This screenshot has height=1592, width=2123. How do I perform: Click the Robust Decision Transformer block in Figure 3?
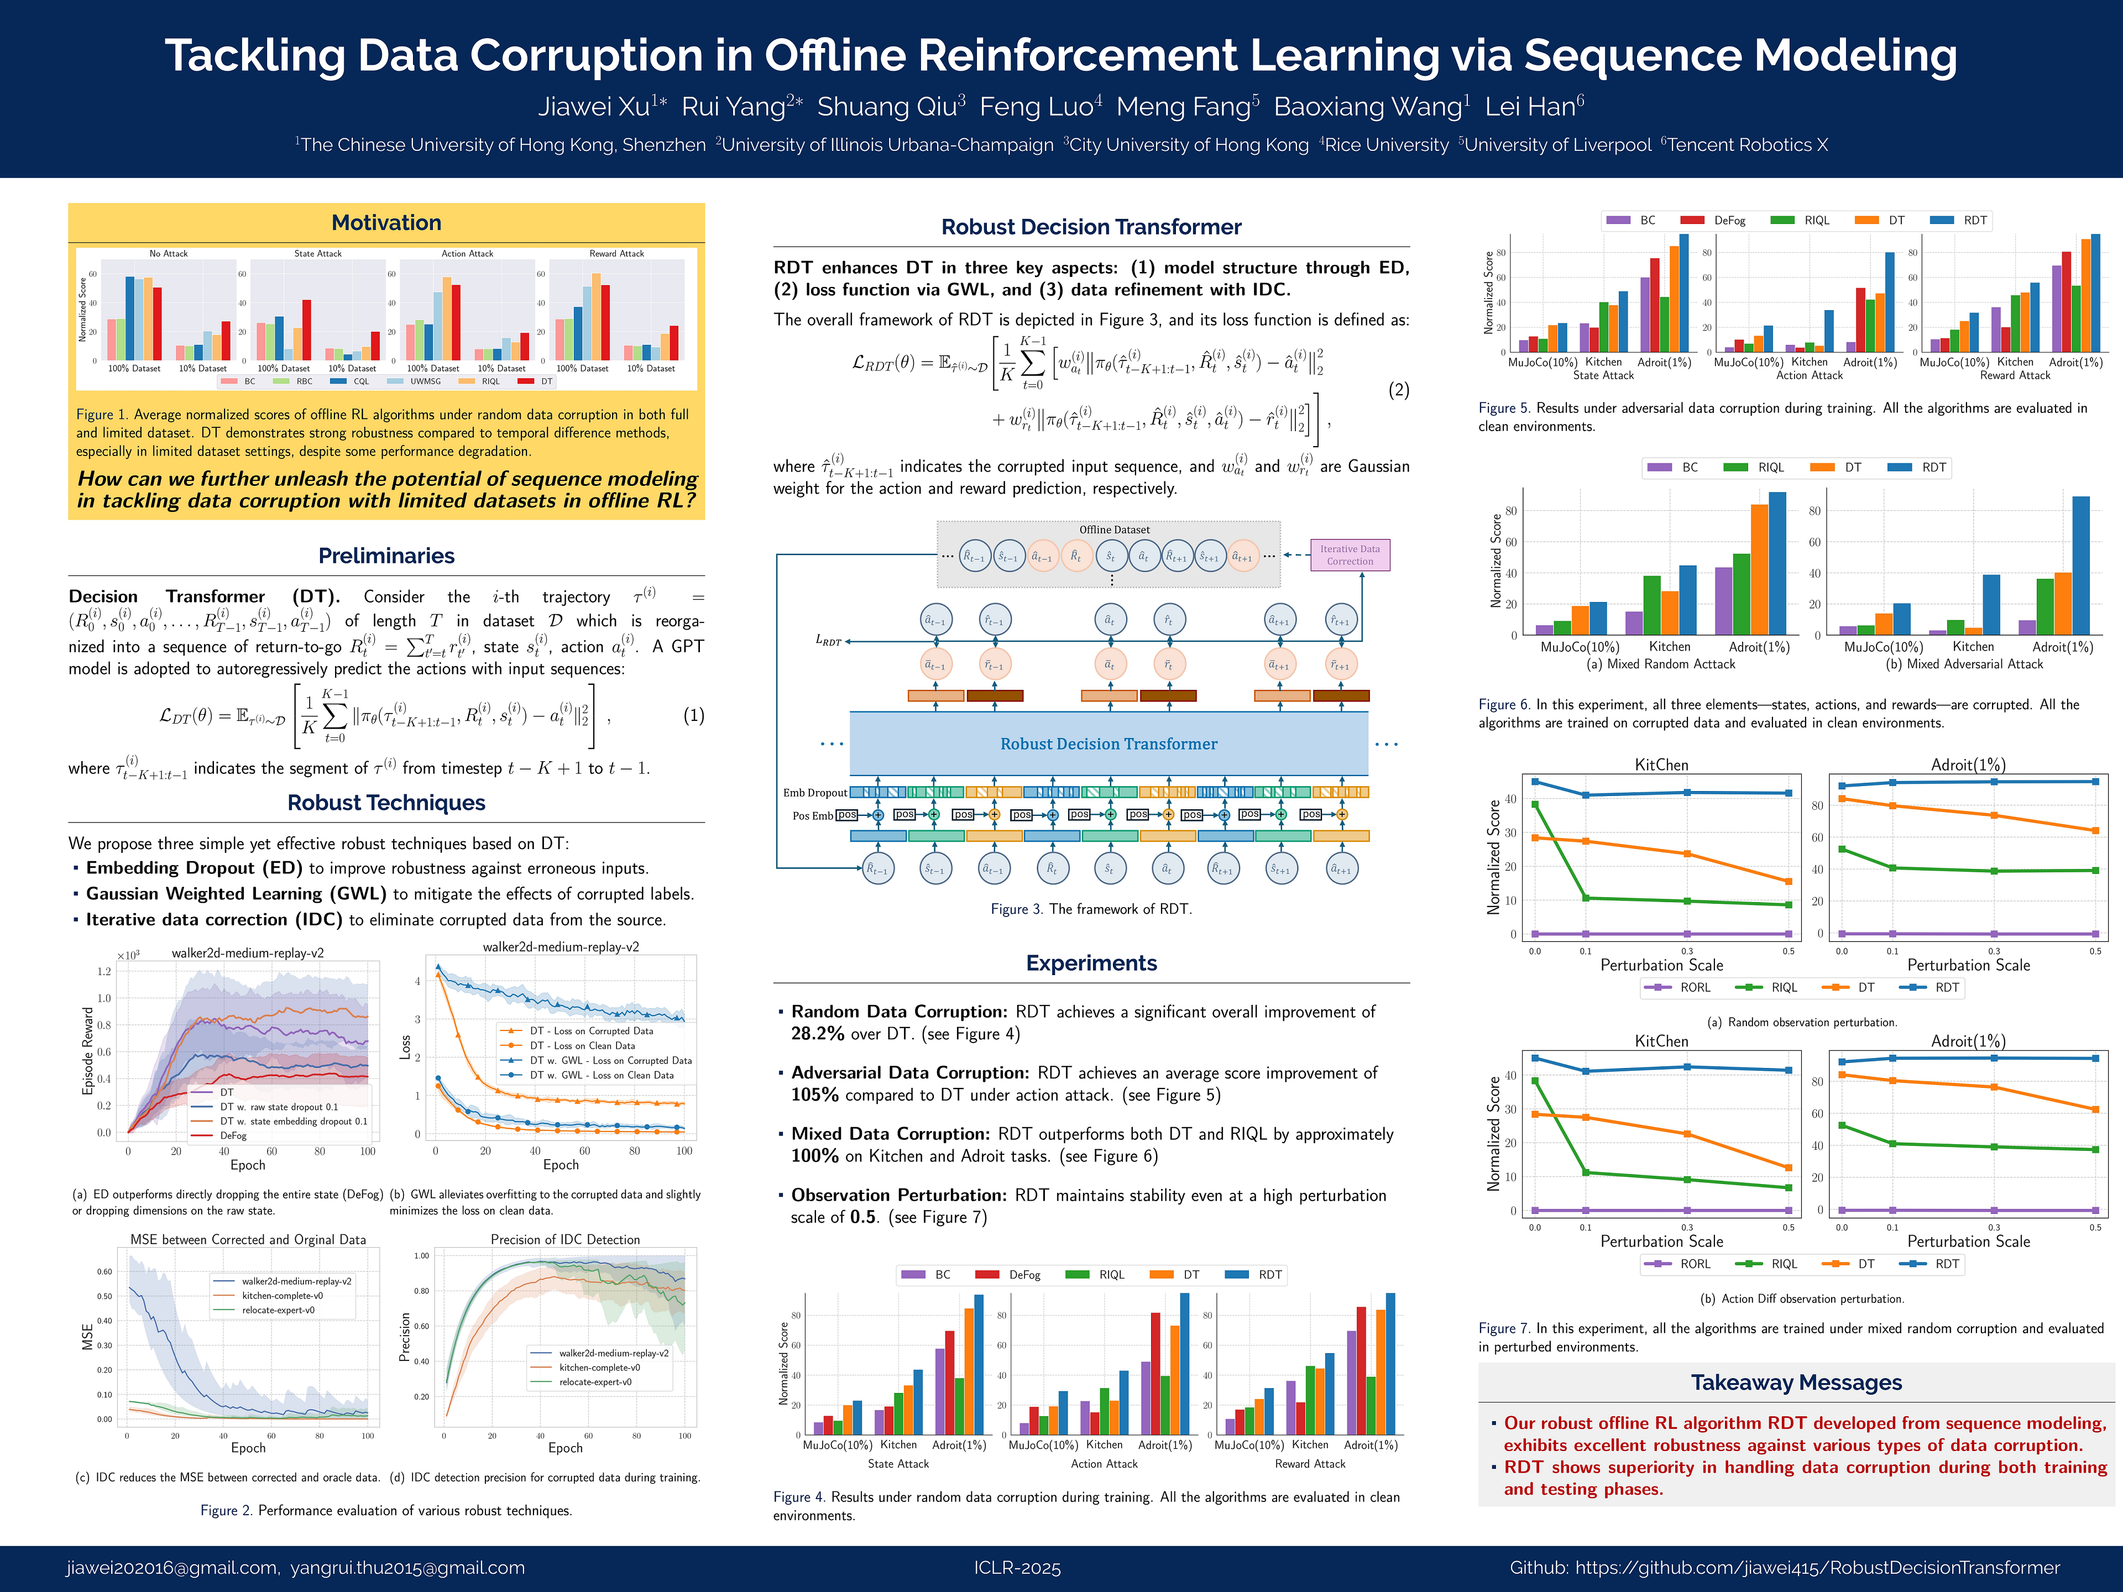pos(1108,743)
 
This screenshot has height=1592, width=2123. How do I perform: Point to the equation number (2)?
pos(1398,390)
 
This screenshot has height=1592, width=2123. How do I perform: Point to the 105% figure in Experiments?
pos(815,1095)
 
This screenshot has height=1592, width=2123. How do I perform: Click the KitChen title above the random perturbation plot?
pos(1661,765)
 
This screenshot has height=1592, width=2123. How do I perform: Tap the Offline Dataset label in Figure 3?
pos(1113,530)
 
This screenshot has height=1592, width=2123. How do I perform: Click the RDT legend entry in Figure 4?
pos(1269,1274)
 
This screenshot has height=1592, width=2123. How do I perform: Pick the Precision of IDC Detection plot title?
pos(564,1240)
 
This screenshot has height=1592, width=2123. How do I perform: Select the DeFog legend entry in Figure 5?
pos(1729,221)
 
